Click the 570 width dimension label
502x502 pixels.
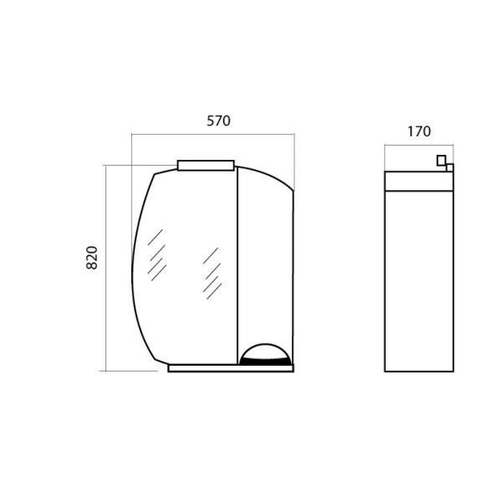pos(218,120)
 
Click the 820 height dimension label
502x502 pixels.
pos(92,258)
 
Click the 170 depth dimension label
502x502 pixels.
pos(419,131)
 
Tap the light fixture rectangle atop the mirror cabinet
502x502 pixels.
pos(206,165)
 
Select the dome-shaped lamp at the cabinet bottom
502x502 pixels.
pos(265,355)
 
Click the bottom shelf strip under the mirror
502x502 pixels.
pos(231,368)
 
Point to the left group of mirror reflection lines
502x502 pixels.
pos(157,255)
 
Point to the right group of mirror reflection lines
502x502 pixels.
pos(213,274)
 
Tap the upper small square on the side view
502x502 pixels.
pos(441,160)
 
